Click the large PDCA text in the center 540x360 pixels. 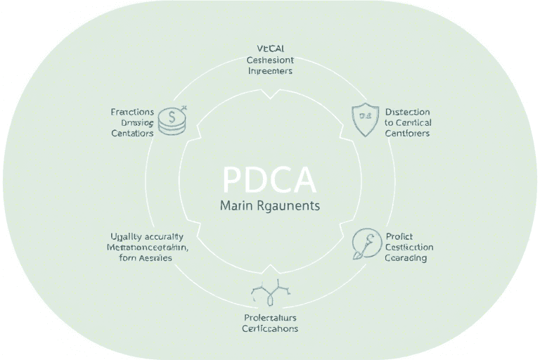point(269,181)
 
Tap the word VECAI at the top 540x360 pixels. point(270,49)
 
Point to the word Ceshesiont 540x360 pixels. point(270,60)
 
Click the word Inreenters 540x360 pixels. point(270,71)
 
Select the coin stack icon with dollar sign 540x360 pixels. point(172,121)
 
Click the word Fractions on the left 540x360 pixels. point(132,112)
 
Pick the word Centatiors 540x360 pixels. point(132,133)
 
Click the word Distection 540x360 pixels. point(408,112)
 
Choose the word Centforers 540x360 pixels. point(407,133)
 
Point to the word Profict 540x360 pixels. point(399,236)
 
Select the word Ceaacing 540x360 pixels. point(406,258)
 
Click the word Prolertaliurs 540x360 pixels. point(270,317)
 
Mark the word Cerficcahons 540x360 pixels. point(270,328)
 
